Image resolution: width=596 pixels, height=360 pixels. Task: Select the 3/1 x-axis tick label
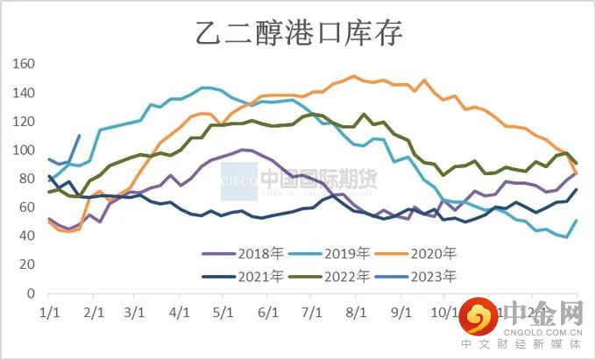(x=135, y=312)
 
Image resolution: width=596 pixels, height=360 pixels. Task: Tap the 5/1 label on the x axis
(x=223, y=312)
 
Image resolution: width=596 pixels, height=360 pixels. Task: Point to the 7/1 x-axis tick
(x=311, y=312)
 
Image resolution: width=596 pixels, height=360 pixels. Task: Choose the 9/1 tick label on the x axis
(x=401, y=312)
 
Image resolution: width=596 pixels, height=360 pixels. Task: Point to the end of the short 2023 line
(x=80, y=136)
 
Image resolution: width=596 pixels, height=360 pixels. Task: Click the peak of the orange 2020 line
(x=353, y=76)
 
